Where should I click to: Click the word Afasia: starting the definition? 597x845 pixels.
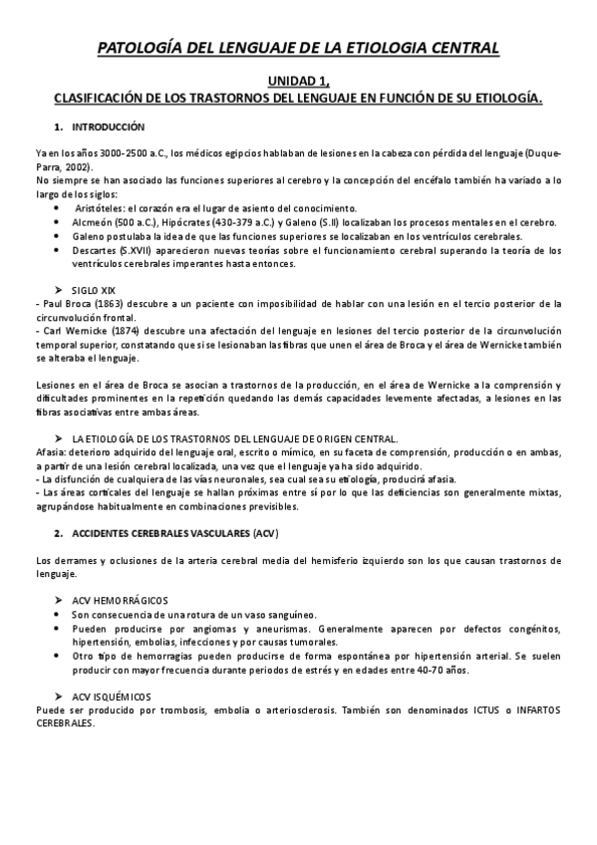point(50,450)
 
